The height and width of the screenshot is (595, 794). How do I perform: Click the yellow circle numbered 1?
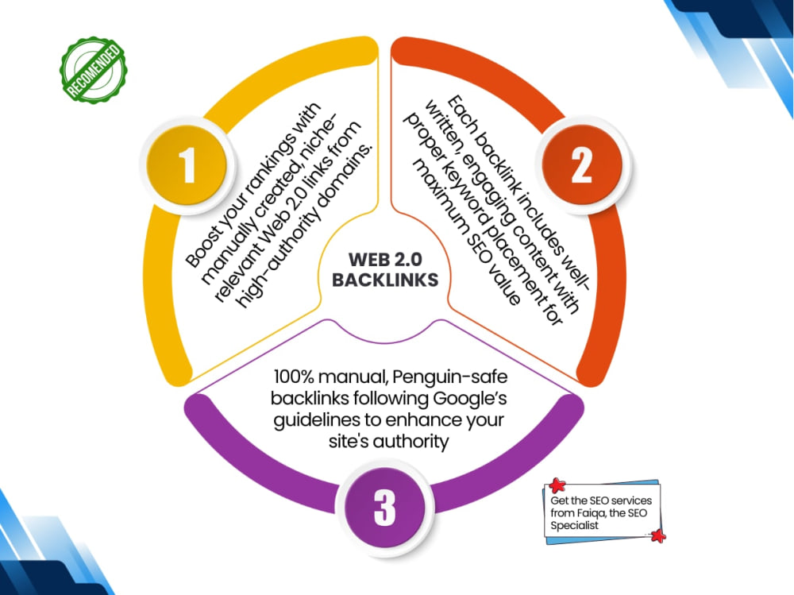coord(187,165)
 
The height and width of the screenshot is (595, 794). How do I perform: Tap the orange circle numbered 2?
coord(582,165)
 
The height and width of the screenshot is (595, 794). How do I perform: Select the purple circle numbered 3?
coord(384,508)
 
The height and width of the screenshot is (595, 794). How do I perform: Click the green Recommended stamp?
coord(94,71)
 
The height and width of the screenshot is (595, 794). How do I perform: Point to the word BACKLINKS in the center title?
coord(385,280)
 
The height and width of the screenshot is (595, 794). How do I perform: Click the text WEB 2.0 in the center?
coord(385,260)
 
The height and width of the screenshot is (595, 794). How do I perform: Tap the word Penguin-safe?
coord(449,377)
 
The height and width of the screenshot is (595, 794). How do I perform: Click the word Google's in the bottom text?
coord(469,398)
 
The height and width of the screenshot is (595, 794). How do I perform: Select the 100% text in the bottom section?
coord(295,377)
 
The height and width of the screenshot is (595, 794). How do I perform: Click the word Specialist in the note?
coord(574,526)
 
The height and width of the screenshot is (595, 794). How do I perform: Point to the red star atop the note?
coord(557,485)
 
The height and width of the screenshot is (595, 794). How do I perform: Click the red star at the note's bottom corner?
coord(657,535)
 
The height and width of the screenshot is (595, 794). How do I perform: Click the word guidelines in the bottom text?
coord(317,421)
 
